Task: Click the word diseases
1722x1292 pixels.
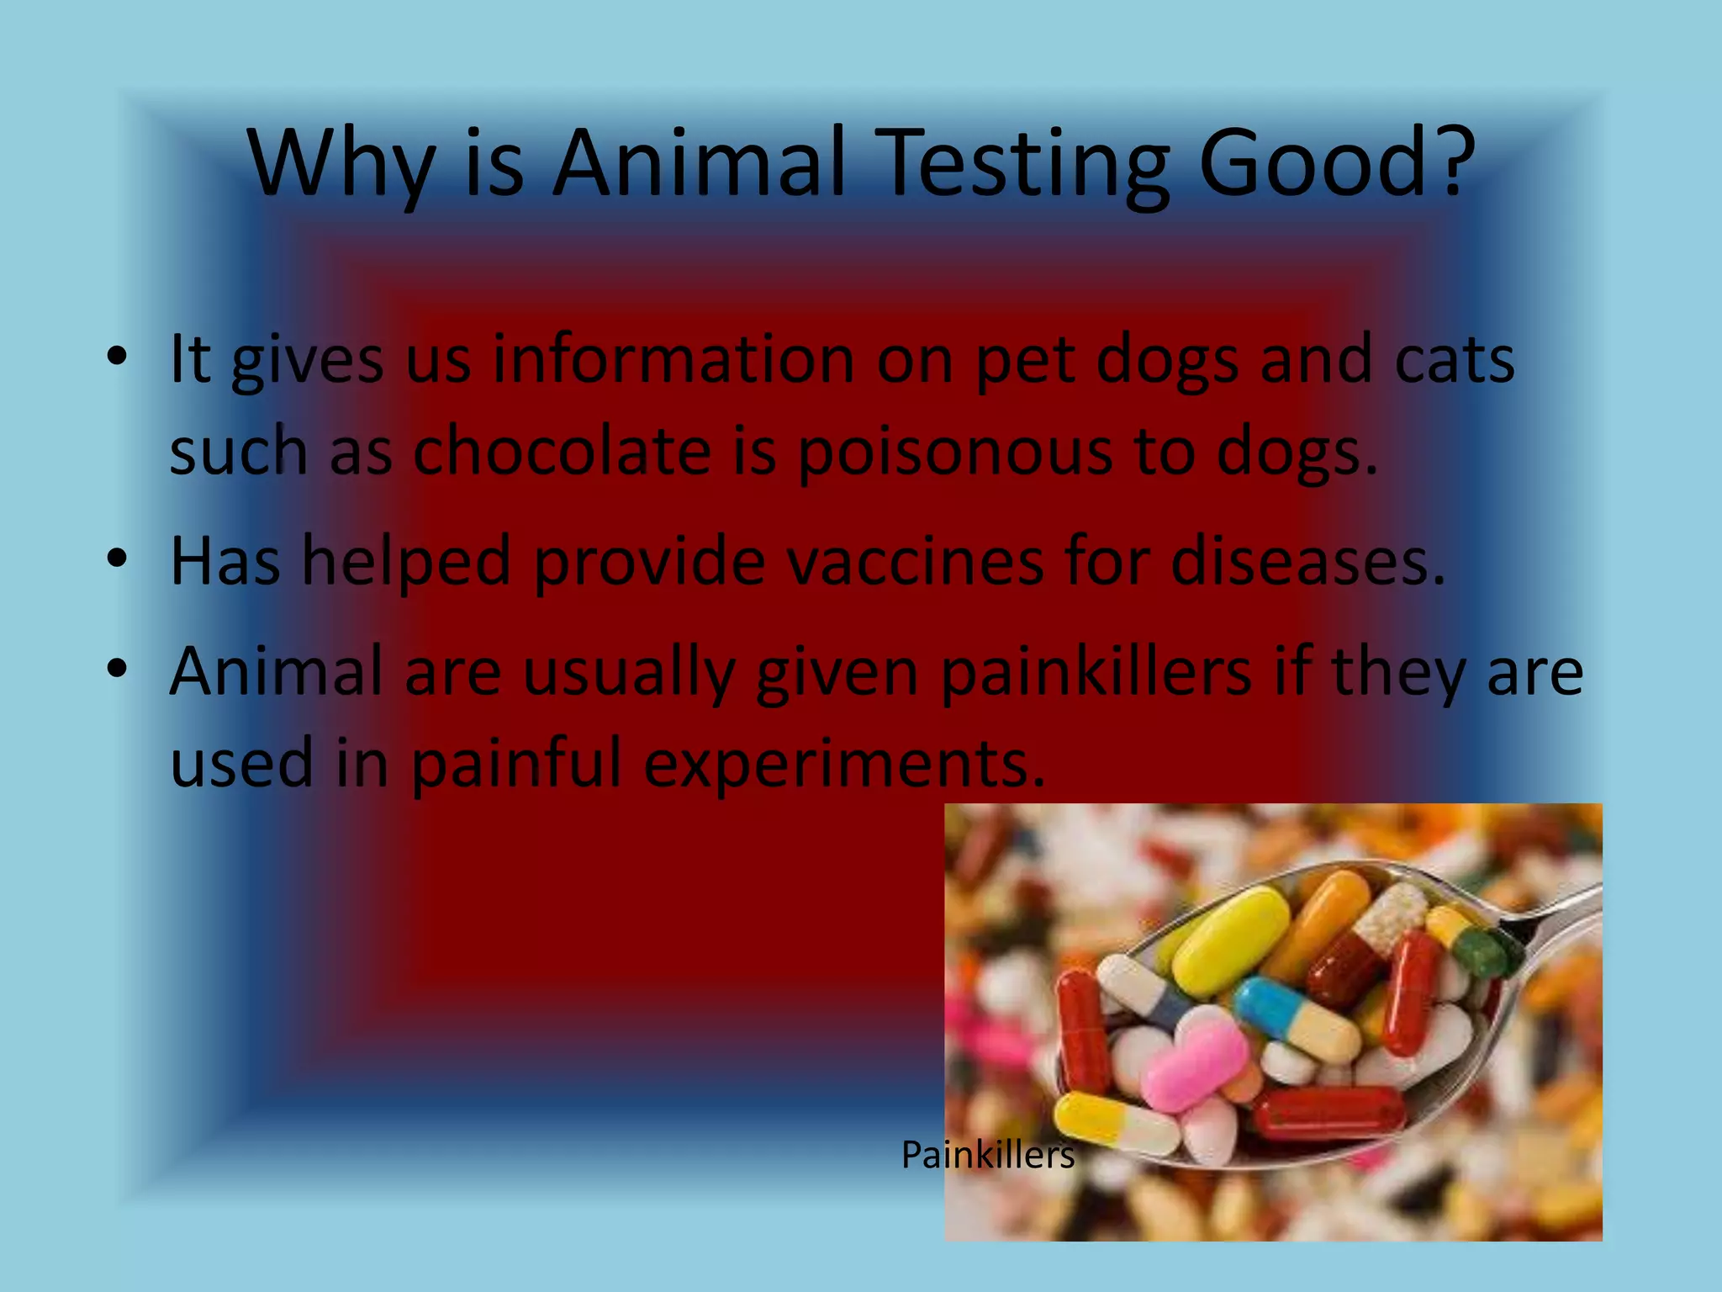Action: tap(1307, 561)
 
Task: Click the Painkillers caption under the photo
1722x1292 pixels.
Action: tap(988, 1155)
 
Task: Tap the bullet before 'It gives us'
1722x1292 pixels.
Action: tap(117, 357)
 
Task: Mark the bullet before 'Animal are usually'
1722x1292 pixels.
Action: tap(117, 669)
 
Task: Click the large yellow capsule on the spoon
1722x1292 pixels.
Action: tap(1230, 940)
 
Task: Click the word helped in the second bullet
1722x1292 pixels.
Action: tap(406, 561)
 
